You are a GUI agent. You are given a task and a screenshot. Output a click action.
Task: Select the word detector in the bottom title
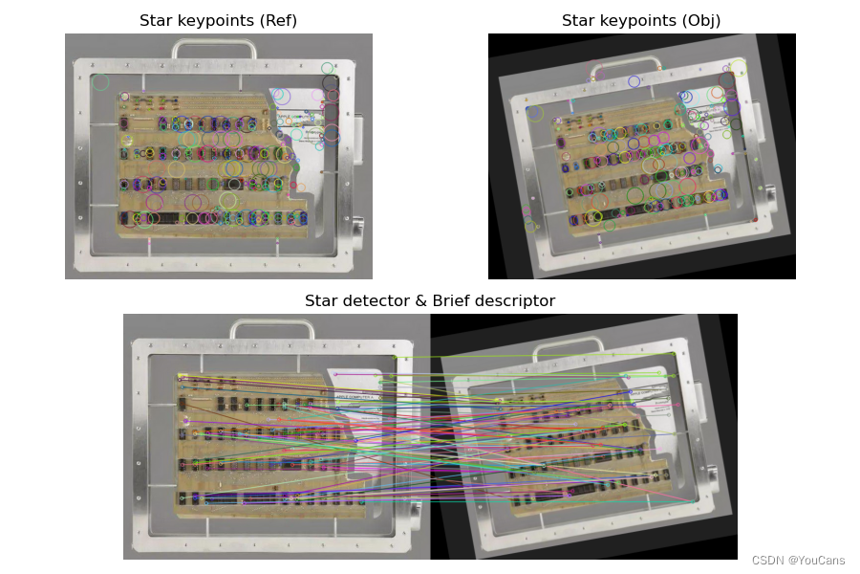click(371, 300)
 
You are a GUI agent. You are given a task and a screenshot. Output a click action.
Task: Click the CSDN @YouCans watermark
click(798, 560)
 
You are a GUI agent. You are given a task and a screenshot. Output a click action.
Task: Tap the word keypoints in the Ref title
click(219, 21)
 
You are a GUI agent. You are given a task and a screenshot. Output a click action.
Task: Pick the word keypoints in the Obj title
click(641, 21)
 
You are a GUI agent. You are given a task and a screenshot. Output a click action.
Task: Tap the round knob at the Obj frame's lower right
click(770, 193)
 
